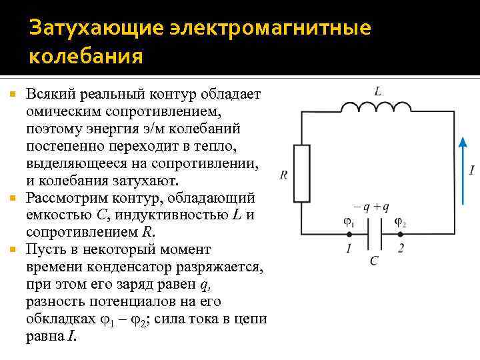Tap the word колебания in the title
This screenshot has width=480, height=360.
(x=85, y=57)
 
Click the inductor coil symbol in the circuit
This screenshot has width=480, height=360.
(x=377, y=107)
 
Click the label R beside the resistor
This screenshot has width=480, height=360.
(x=284, y=175)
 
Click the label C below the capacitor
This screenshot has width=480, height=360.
(x=374, y=261)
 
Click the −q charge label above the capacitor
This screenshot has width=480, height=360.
(x=363, y=207)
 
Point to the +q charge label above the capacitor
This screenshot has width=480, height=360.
(x=383, y=207)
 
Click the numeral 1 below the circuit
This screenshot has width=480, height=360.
(x=347, y=249)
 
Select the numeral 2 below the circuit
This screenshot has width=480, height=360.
(x=400, y=249)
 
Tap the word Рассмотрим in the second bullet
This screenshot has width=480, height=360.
(x=62, y=198)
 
